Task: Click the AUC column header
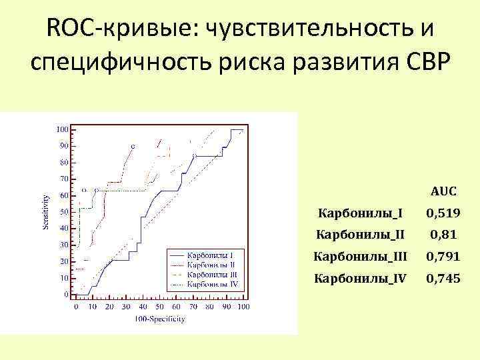pyautogui.click(x=443, y=191)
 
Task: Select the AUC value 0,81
pyautogui.click(x=443, y=235)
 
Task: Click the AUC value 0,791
pyautogui.click(x=443, y=257)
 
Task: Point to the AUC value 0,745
pyautogui.click(x=443, y=279)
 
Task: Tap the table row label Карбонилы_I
pyautogui.click(x=360, y=213)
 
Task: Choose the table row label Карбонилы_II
pyautogui.click(x=360, y=235)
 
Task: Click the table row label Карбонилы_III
pyautogui.click(x=360, y=257)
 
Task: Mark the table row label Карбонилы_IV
pyautogui.click(x=360, y=279)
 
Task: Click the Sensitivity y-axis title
pyautogui.click(x=46, y=211)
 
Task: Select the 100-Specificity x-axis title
pyautogui.click(x=159, y=319)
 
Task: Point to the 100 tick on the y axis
pyautogui.click(x=62, y=129)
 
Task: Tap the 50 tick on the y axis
pyautogui.click(x=64, y=212)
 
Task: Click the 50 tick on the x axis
pyautogui.click(x=159, y=307)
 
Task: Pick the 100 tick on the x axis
pyautogui.click(x=243, y=307)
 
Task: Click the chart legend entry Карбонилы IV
pyautogui.click(x=211, y=283)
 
